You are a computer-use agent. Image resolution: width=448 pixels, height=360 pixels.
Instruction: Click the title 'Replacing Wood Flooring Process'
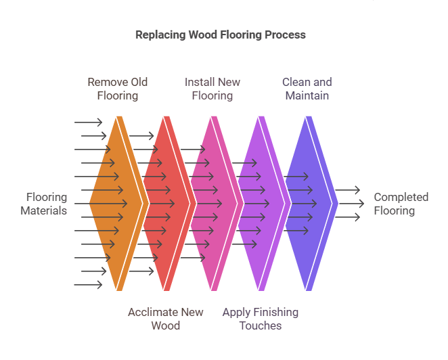pos(221,35)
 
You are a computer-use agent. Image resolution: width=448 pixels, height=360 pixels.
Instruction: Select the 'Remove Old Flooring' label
pos(117,89)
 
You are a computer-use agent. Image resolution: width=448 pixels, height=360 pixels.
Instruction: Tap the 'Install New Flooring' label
pos(212,89)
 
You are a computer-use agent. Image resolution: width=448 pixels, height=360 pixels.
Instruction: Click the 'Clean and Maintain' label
pos(307,89)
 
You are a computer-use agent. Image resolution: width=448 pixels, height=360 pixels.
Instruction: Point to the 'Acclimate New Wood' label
pos(166,319)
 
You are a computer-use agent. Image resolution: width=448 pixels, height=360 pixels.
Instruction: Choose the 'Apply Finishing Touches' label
pos(261,319)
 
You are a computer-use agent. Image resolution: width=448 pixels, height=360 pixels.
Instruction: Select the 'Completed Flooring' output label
pos(401,204)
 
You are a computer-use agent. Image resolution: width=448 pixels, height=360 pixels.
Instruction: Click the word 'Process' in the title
pos(285,35)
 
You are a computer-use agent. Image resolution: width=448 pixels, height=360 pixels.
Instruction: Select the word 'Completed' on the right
pos(401,197)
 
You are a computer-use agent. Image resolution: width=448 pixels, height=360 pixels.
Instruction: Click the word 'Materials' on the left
pos(44,210)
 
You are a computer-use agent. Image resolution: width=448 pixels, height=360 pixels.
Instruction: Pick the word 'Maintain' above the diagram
pos(307,95)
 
